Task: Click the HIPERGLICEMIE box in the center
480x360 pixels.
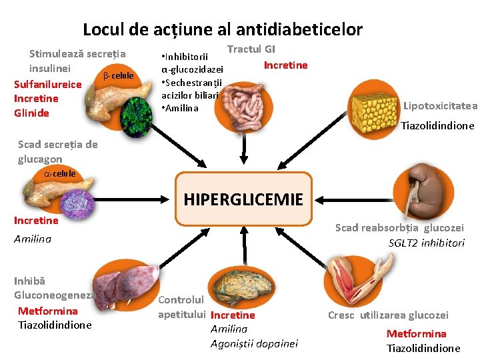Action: coord(243,199)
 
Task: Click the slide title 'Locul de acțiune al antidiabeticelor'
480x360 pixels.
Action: coord(223,29)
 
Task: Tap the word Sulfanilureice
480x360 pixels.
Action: coord(47,84)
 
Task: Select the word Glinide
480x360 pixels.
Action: coord(31,113)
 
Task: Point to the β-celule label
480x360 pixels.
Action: coord(118,75)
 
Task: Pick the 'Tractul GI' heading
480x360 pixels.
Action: coord(251,49)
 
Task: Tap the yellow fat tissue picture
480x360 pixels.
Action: coord(376,107)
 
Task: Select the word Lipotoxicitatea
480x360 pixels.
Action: coord(440,105)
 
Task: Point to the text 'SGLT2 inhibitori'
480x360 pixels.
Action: coord(427,243)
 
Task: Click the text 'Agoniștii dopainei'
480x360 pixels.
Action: coord(254,343)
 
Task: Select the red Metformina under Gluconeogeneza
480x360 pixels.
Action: coord(47,311)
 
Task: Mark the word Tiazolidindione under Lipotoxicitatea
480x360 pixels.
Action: coord(437,125)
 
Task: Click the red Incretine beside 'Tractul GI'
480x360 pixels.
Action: coord(285,65)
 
